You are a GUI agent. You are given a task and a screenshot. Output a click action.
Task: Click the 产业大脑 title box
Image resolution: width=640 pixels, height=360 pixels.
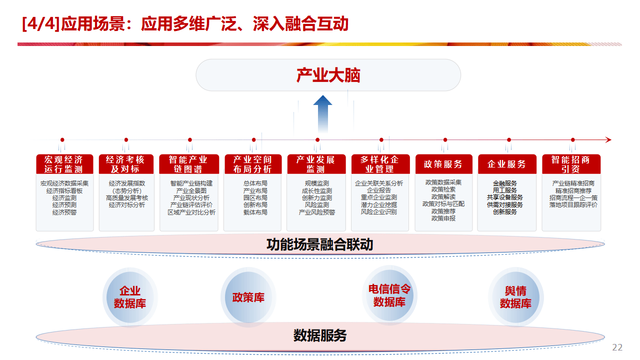328,75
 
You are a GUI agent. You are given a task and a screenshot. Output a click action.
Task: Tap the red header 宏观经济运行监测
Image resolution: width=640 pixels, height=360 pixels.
64,164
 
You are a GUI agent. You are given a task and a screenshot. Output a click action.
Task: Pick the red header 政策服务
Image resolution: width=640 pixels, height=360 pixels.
443,164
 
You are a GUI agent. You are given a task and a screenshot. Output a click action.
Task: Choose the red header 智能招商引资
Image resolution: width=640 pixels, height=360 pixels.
570,164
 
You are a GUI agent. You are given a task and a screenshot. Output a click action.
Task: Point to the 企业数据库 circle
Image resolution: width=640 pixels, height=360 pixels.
130,297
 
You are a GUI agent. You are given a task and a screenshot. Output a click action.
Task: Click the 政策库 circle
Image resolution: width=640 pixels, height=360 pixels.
248,297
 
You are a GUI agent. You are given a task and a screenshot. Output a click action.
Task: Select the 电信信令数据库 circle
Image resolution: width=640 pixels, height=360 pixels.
389,295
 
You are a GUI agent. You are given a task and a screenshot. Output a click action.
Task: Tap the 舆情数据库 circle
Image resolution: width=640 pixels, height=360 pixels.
515,297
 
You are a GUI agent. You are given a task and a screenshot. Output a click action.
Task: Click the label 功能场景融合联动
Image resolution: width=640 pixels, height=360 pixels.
320,245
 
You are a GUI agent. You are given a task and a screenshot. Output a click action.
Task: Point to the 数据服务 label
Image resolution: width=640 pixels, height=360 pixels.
320,335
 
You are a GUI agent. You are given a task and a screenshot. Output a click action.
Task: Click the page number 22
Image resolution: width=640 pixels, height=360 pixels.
617,347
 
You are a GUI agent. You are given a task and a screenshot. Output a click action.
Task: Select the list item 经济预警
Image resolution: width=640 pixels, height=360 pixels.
64,212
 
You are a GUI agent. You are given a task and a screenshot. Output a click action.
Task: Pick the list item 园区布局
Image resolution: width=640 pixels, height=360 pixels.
255,198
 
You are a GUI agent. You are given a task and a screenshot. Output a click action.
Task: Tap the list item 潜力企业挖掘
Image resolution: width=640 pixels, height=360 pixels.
379,205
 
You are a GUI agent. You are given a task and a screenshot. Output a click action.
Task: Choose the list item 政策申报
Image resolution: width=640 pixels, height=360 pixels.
443,218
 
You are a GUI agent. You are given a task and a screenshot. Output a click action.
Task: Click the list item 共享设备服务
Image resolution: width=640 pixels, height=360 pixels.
505,197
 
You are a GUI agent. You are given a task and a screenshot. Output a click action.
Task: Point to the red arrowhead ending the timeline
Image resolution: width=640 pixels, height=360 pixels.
608,140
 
